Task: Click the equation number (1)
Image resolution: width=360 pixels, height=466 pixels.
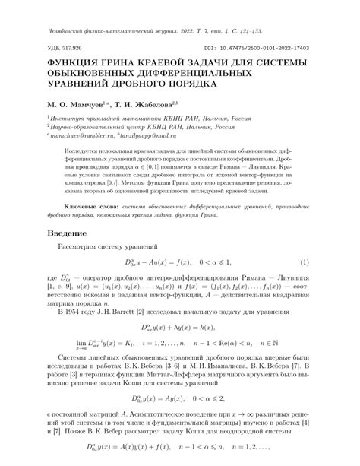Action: point(305,262)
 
